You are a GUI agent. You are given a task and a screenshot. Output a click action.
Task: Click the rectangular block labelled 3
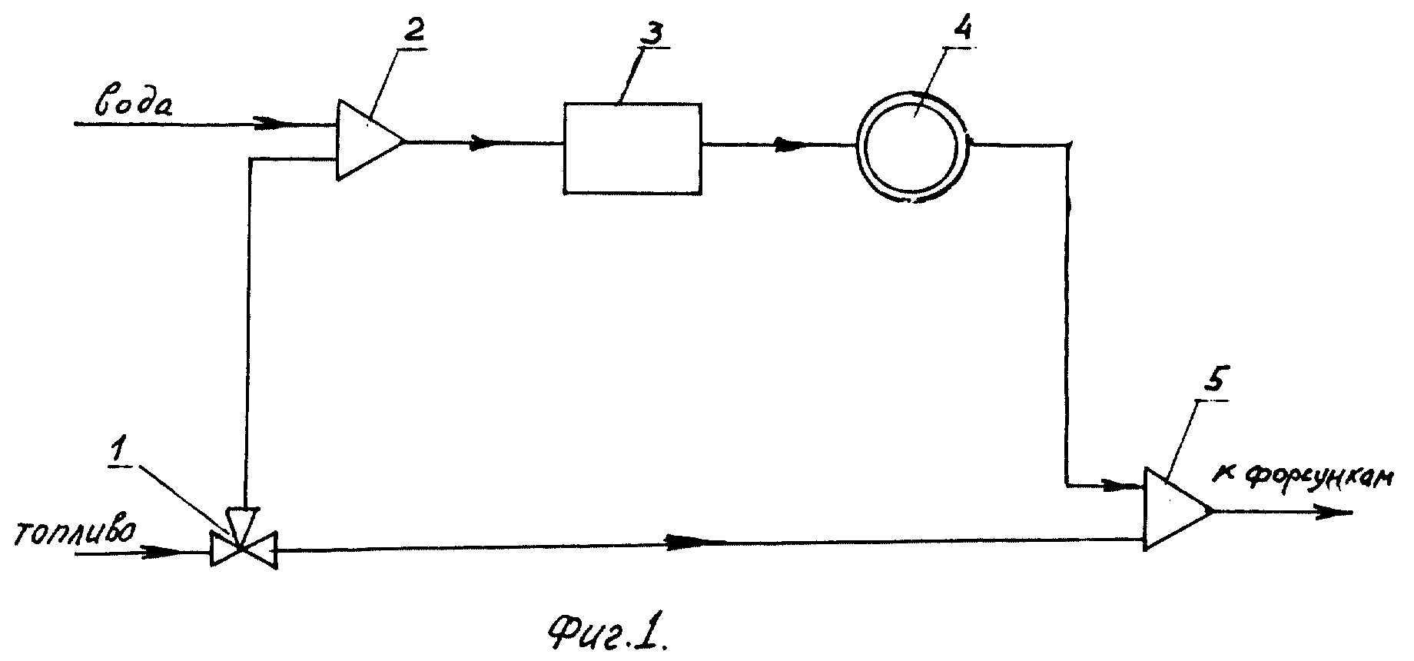pyautogui.click(x=632, y=148)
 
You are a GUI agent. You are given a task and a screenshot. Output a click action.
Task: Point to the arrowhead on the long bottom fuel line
pyautogui.click(x=692, y=543)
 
